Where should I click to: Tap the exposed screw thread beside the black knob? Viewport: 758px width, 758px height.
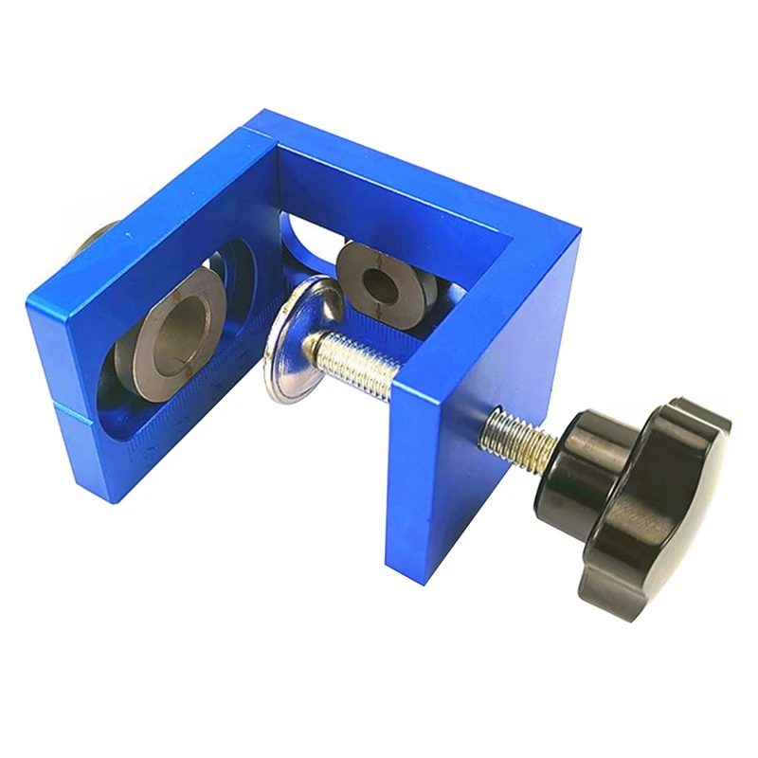[x=517, y=437]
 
